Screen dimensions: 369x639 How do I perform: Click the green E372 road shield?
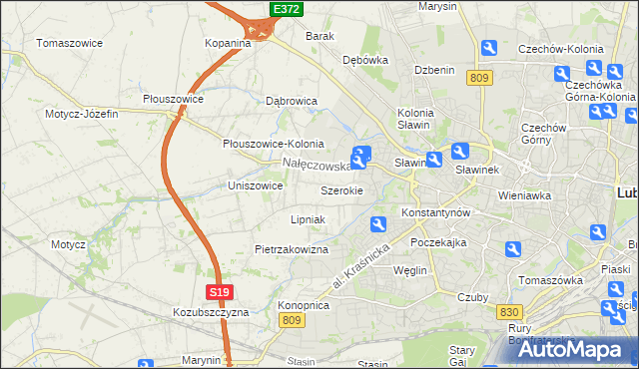pyautogui.click(x=286, y=9)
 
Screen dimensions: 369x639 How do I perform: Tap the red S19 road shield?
pyautogui.click(x=221, y=291)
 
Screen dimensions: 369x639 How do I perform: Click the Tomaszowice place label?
pyautogui.click(x=72, y=43)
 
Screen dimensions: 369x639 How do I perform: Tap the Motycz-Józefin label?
pyautogui.click(x=82, y=114)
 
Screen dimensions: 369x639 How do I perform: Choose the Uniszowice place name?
pyautogui.click(x=256, y=185)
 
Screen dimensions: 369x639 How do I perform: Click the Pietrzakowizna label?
pyautogui.click(x=292, y=249)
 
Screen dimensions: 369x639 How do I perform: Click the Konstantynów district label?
pyautogui.click(x=435, y=213)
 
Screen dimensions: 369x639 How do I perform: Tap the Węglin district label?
pyautogui.click(x=410, y=270)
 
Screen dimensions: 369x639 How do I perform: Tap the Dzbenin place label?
pyautogui.click(x=434, y=70)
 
